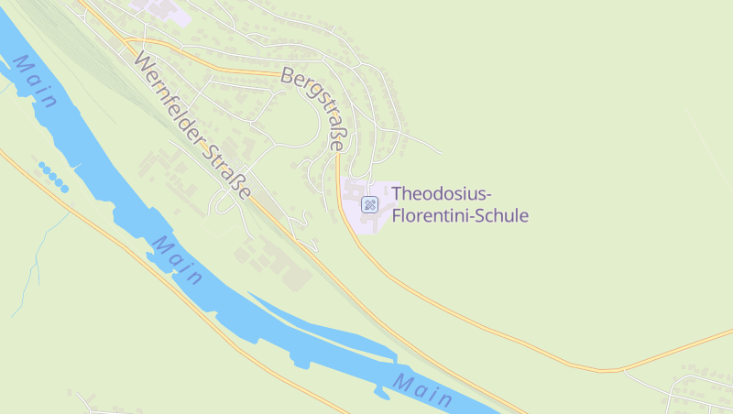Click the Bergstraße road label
coord(315,108)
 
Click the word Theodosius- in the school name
coord(442,194)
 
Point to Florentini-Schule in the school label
coord(460,216)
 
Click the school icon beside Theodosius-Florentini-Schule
coord(369,204)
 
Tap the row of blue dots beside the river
coord(53,176)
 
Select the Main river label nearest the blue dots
coord(35,83)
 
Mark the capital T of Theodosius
coord(397,194)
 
